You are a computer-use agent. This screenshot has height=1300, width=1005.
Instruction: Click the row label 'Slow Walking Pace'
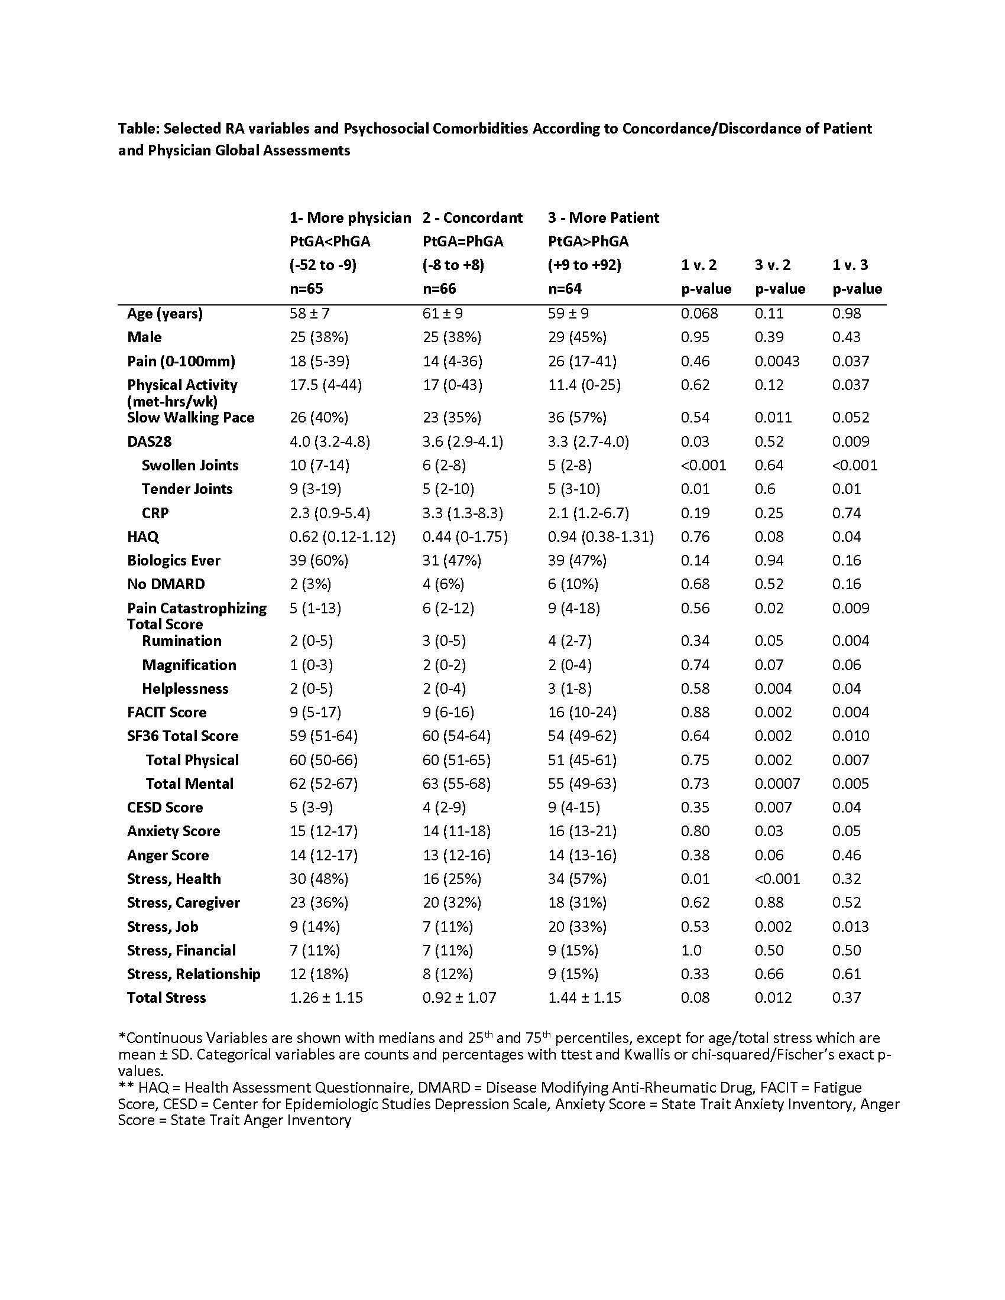(190, 418)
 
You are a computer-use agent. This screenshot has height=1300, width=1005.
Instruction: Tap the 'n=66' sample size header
(439, 290)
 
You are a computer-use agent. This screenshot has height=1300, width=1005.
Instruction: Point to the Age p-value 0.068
(699, 314)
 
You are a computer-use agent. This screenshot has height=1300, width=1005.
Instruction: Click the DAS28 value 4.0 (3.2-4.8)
(330, 441)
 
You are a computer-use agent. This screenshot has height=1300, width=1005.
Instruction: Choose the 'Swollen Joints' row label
(190, 466)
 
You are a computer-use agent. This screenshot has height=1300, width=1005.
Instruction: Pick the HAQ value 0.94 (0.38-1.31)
(601, 537)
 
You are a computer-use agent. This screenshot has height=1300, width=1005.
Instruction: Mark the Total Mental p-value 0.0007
(777, 784)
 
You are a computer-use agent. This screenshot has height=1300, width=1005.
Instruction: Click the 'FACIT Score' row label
(167, 713)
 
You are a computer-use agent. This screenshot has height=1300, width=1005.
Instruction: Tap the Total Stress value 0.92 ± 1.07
(459, 998)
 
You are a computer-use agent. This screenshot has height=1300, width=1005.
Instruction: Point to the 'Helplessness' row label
(185, 688)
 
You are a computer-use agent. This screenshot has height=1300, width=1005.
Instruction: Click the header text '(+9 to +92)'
(585, 265)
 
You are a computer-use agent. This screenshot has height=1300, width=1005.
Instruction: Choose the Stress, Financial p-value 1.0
(691, 951)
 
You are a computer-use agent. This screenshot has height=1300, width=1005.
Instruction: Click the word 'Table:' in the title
(139, 129)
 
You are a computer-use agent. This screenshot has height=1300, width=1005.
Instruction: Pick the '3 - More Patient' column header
(603, 218)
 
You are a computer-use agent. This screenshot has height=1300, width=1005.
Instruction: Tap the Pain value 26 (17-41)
(582, 361)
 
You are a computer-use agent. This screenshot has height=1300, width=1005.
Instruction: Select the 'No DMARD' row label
(166, 584)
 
